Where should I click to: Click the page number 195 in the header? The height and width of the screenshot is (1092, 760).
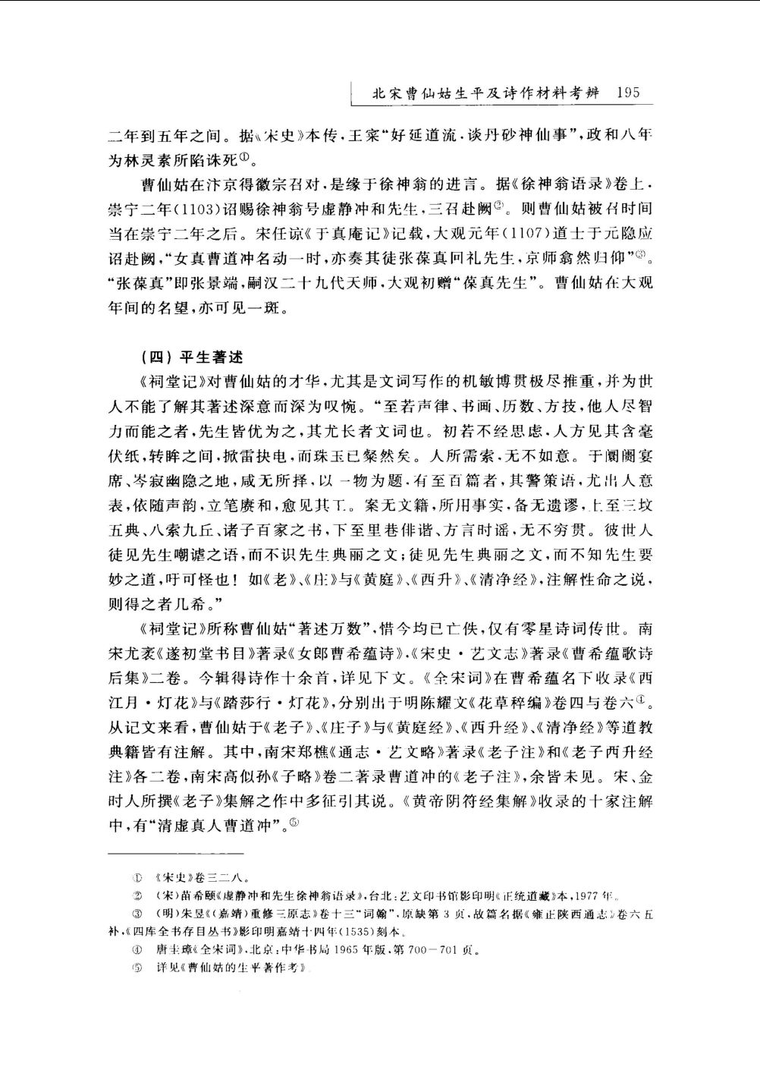coord(629,93)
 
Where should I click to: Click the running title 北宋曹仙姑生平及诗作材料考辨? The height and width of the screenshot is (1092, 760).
coord(486,94)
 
